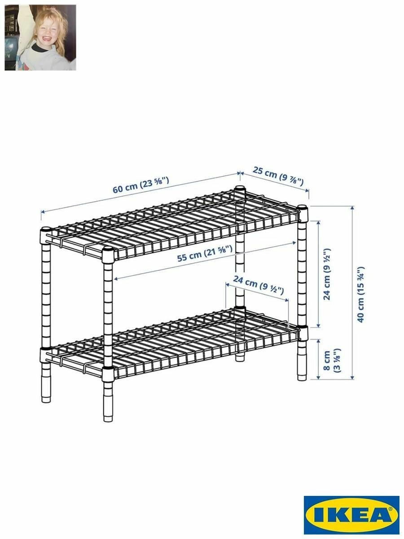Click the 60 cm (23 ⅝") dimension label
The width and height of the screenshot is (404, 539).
tap(141, 185)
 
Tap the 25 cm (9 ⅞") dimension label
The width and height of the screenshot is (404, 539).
tap(278, 176)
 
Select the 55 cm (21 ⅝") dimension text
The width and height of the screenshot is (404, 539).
tap(205, 253)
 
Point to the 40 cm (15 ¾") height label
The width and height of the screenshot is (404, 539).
tap(360, 294)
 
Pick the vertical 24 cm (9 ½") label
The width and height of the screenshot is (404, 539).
tap(327, 274)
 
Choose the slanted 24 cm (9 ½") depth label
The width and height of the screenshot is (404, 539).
tap(258, 285)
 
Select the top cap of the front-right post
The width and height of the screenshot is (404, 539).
tap(303, 207)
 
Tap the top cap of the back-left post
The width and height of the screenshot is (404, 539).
tap(46, 230)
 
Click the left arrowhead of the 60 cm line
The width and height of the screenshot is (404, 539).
tap(43, 212)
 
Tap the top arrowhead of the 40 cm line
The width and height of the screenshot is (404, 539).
tap(352, 208)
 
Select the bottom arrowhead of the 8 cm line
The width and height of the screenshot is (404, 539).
tap(318, 377)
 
